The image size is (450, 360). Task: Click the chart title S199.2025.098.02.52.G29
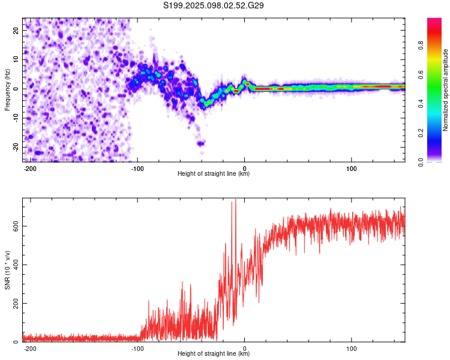pos(213,5)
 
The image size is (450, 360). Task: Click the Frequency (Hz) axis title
pos(7,90)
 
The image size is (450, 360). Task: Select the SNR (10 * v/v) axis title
pos(7,270)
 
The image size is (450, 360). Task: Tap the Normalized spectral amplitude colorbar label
pos(445,90)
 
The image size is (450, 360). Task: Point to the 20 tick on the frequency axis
pos(16,30)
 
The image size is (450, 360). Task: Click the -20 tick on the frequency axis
pos(16,147)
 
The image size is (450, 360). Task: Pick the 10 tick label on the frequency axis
pos(16,59)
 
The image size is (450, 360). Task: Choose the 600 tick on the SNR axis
pos(16,226)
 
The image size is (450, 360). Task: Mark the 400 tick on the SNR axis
pos(16,265)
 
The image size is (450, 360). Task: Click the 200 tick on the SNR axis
pos(16,303)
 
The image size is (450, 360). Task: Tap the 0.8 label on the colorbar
pos(421,46)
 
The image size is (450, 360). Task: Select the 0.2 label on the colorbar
pos(421,133)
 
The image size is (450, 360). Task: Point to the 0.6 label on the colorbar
pos(421,74)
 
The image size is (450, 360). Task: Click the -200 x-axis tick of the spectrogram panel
pos(29,169)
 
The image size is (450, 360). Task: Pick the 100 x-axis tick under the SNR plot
pos(351,349)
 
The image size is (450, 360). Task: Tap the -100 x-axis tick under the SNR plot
pos(137,349)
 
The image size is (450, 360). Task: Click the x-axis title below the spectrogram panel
pos(214,173)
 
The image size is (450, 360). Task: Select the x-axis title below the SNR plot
pos(214,353)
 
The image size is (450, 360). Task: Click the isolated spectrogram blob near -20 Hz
pos(200,143)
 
